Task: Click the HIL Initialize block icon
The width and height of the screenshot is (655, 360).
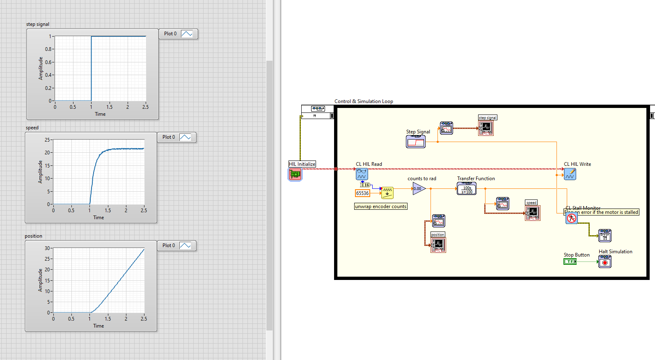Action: (x=295, y=174)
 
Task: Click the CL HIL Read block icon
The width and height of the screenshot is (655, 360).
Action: (x=362, y=174)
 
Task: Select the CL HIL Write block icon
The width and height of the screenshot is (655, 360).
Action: (x=570, y=174)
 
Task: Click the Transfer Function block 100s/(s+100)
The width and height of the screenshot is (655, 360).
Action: (x=467, y=188)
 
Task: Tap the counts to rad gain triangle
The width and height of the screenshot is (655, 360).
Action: (x=418, y=189)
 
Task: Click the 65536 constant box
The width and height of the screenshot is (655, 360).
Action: (x=362, y=193)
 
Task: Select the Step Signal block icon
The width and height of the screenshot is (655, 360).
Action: (x=416, y=142)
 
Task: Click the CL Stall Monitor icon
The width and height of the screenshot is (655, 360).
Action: (x=572, y=218)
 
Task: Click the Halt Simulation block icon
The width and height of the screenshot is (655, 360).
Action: (x=605, y=261)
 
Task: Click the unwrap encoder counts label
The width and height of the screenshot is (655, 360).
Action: (x=380, y=206)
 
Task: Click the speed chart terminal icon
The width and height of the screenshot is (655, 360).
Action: (x=533, y=213)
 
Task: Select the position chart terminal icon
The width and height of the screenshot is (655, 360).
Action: (x=438, y=245)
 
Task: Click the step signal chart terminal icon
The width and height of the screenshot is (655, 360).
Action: (x=486, y=128)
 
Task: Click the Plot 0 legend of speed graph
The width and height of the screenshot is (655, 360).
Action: (x=176, y=137)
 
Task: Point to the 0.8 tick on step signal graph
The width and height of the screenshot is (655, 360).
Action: (x=48, y=49)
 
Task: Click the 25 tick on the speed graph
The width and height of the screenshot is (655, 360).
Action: (x=47, y=140)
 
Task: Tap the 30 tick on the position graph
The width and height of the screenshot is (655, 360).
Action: (x=47, y=248)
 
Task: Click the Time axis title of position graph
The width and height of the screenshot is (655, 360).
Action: (x=98, y=326)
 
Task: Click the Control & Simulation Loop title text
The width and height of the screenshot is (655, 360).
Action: (x=364, y=101)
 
